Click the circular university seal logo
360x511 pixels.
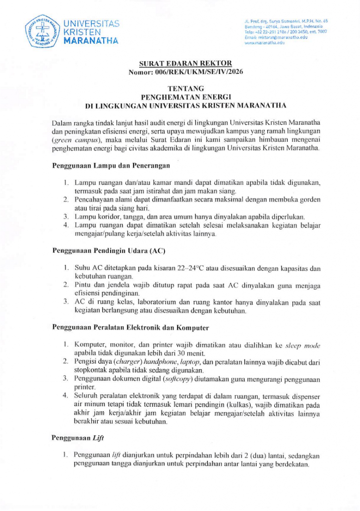[44, 31]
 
